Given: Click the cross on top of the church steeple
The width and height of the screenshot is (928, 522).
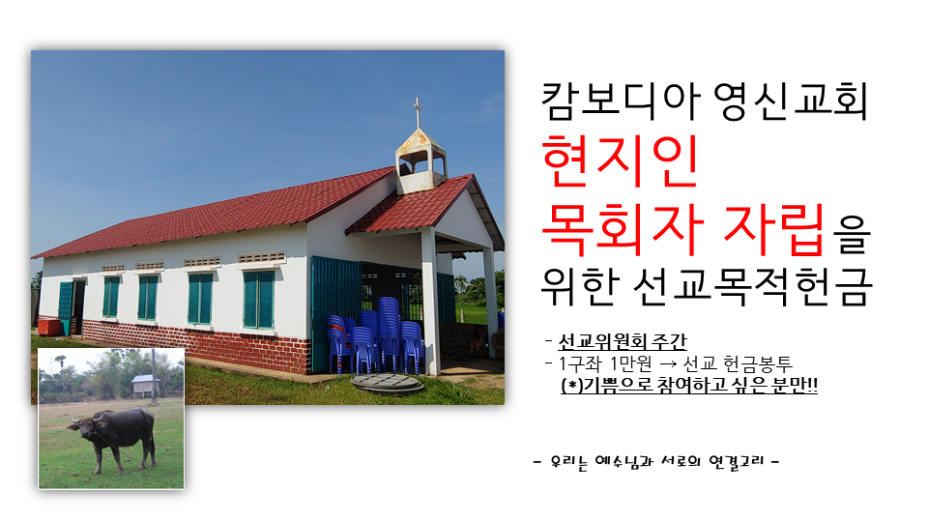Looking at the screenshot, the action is tap(418, 112).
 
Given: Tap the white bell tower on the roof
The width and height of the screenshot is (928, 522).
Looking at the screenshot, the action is tap(420, 161).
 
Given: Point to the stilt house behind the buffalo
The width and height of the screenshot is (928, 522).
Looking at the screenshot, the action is tap(145, 386).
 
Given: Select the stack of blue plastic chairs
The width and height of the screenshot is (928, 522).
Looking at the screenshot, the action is tap(377, 336).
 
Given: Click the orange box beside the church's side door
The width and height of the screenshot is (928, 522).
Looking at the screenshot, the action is tap(49, 327).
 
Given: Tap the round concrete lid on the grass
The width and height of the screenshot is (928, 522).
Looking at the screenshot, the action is tap(388, 384).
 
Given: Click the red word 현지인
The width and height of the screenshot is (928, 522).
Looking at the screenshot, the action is tap(621, 161).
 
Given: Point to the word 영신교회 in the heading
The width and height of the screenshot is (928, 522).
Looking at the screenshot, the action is tap(791, 101).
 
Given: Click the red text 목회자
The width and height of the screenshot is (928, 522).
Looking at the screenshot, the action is tap(623, 230).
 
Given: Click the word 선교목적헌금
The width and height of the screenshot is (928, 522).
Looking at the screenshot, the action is tap(753, 286).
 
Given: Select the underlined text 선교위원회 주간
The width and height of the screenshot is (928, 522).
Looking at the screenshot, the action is tap(623, 341).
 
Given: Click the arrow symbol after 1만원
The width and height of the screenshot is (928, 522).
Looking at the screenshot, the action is tap(668, 363).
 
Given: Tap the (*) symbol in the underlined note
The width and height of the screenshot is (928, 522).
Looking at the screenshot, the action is tap(571, 386).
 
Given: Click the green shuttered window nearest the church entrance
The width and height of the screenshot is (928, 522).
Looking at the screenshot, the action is tap(259, 300).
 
